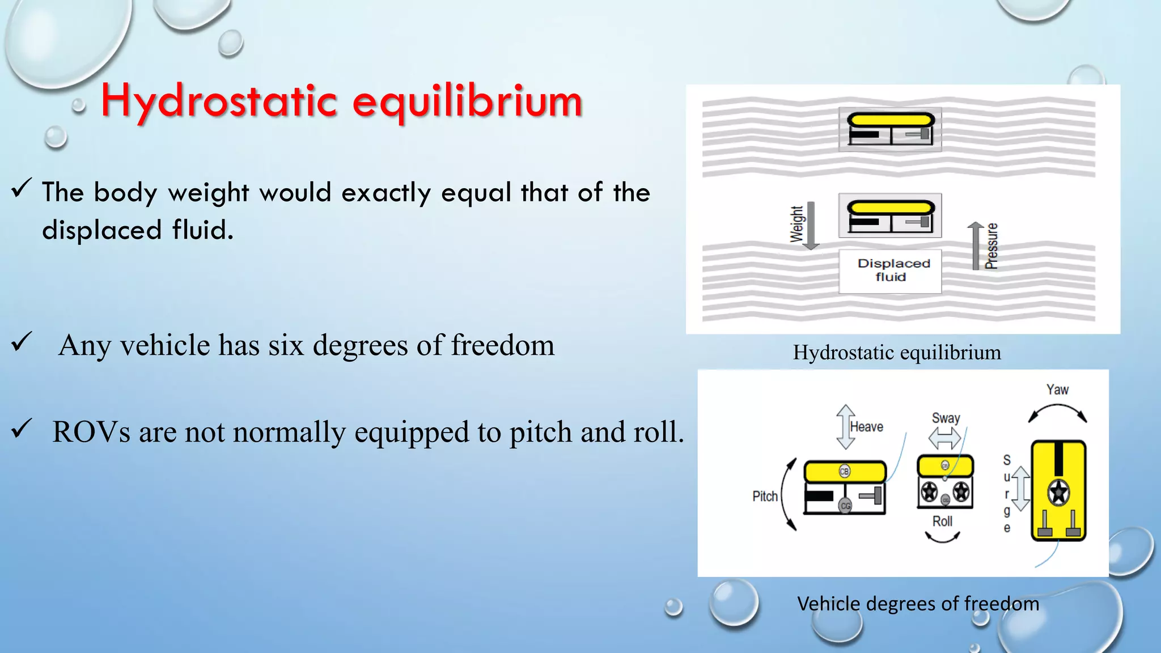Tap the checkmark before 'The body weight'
(x=22, y=188)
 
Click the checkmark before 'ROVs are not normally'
(x=22, y=429)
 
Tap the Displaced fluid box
(x=890, y=271)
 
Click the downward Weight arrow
(x=811, y=225)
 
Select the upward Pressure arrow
(x=976, y=245)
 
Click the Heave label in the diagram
(x=866, y=427)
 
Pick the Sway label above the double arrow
(x=946, y=418)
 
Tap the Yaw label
(x=1057, y=390)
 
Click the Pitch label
(x=765, y=497)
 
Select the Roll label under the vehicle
(x=942, y=521)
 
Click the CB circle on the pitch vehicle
(x=844, y=472)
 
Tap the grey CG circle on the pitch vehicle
(x=845, y=506)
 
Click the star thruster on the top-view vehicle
(x=1058, y=492)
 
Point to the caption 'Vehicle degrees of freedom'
(x=918, y=604)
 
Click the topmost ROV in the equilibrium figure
(x=890, y=129)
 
